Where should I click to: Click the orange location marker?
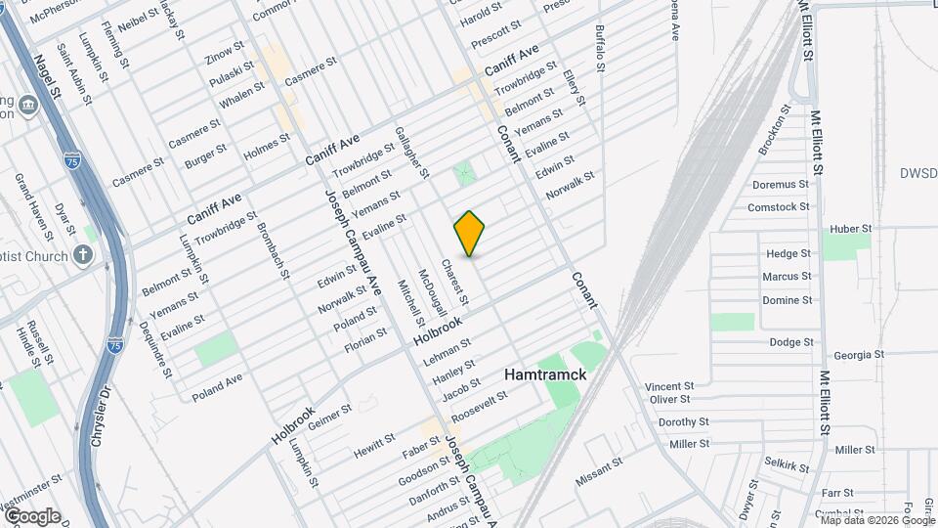point(470,234)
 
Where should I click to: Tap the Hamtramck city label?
point(544,374)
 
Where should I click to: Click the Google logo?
point(31,516)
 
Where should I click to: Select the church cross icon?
point(84,256)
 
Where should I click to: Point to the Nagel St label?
point(48,75)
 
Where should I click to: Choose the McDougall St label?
point(431,292)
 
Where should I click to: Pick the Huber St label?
point(849,229)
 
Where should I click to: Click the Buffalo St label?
point(599,48)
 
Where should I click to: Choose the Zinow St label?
point(224,50)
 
